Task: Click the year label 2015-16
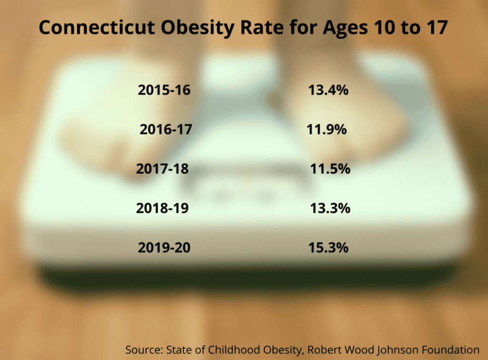coord(164,90)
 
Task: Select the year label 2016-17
coord(166,129)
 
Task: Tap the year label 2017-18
coord(162,169)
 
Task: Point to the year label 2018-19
coord(162,208)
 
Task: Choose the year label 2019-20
coord(164,247)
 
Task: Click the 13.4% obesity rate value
coord(328,90)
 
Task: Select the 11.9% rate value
coord(326,129)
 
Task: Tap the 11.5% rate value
coord(330,169)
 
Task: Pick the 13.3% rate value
coord(330,208)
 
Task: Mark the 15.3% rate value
coord(328,247)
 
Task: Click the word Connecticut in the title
coord(97,27)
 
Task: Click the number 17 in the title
coord(437,27)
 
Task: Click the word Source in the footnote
coord(144,350)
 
